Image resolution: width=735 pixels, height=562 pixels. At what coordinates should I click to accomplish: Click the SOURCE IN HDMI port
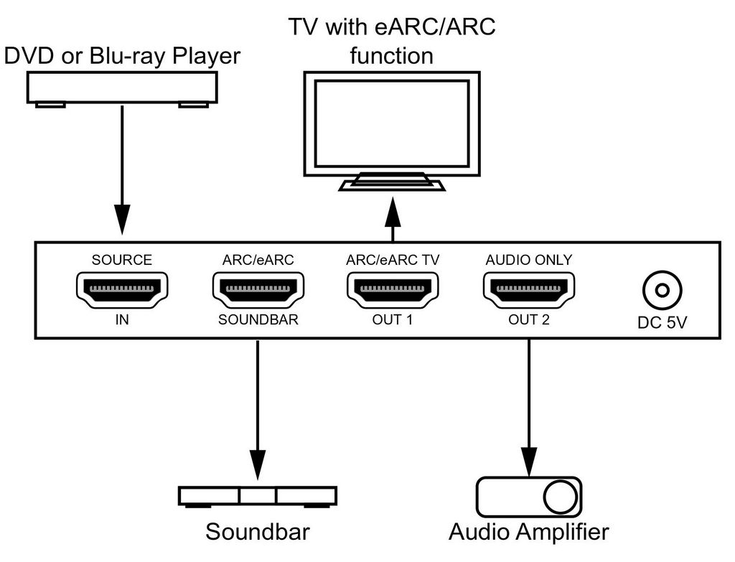(x=122, y=289)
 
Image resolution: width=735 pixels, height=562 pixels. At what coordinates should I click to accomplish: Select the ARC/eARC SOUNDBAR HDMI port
(x=258, y=289)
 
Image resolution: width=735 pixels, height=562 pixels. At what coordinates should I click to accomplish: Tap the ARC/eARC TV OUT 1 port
(x=393, y=289)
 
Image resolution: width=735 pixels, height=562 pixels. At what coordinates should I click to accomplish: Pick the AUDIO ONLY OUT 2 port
(x=529, y=289)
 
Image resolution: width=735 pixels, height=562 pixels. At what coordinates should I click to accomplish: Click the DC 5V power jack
(x=662, y=291)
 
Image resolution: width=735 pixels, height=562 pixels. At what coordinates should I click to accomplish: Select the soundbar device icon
(x=258, y=496)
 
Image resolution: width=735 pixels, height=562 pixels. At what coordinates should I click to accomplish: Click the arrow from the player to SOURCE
(x=123, y=172)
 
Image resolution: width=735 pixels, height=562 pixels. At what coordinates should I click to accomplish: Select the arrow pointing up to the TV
(x=393, y=219)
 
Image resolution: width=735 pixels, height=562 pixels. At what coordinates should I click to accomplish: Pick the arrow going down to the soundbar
(x=258, y=409)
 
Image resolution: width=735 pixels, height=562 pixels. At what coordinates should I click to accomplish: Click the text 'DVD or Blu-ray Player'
(x=122, y=55)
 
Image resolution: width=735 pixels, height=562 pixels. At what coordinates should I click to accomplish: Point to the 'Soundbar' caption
(x=258, y=532)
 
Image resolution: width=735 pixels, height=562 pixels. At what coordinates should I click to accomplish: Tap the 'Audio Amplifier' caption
(x=529, y=532)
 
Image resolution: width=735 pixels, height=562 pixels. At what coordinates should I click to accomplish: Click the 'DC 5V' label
(x=662, y=324)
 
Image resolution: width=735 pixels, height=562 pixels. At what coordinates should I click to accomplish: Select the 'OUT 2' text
(x=529, y=319)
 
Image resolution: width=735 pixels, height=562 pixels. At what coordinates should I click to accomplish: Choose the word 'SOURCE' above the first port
(x=122, y=260)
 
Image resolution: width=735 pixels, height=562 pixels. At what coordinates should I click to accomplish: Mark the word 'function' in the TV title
(x=392, y=55)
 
